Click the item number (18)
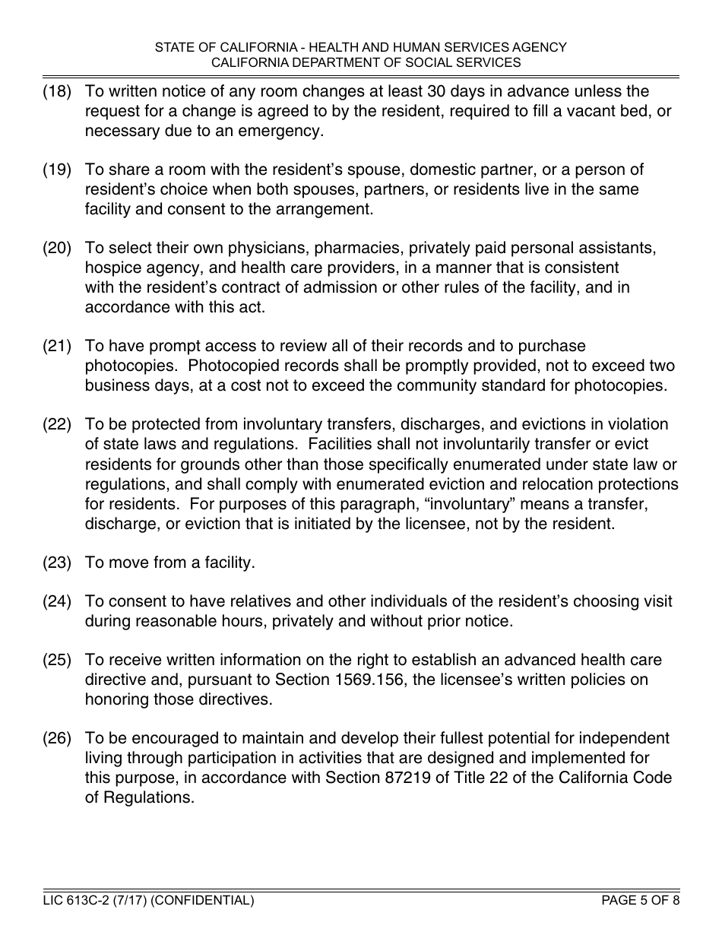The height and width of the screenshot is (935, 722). point(56,92)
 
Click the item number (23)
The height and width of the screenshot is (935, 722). point(56,563)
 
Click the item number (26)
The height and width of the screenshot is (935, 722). point(56,738)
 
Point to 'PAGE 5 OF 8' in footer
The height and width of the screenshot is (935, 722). point(640,901)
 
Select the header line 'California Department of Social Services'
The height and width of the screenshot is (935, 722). point(361,62)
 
